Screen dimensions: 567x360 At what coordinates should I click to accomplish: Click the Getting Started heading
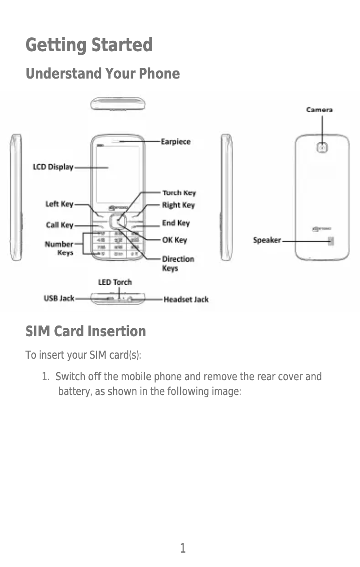(89, 45)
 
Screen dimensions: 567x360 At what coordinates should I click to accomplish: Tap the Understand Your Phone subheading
(102, 74)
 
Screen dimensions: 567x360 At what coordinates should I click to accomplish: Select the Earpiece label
(176, 142)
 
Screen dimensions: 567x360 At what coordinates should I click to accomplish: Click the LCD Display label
(53, 167)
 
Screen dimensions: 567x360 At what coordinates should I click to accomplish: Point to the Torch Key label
(179, 193)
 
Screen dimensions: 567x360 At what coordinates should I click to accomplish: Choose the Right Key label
(178, 205)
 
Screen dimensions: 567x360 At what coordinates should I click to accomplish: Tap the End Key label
(176, 223)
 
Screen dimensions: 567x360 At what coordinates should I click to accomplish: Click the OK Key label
(174, 240)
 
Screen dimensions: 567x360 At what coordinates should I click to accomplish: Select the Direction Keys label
(178, 264)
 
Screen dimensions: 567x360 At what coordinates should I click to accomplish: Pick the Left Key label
(59, 204)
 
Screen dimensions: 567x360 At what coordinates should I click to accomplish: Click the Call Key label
(59, 225)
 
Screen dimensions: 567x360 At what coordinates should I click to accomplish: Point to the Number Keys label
(59, 248)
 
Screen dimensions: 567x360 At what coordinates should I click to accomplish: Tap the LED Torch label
(115, 282)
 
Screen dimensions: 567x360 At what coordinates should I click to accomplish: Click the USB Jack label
(59, 298)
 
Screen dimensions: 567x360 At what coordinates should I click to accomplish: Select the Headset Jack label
(186, 299)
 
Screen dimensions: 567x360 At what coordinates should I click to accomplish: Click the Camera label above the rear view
(319, 110)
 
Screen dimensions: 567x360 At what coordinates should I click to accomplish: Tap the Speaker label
(267, 240)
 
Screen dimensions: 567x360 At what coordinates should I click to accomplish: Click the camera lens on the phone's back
(322, 147)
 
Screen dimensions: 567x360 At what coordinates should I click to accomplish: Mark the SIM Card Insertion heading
(86, 332)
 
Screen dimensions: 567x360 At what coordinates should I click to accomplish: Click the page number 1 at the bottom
(183, 548)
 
